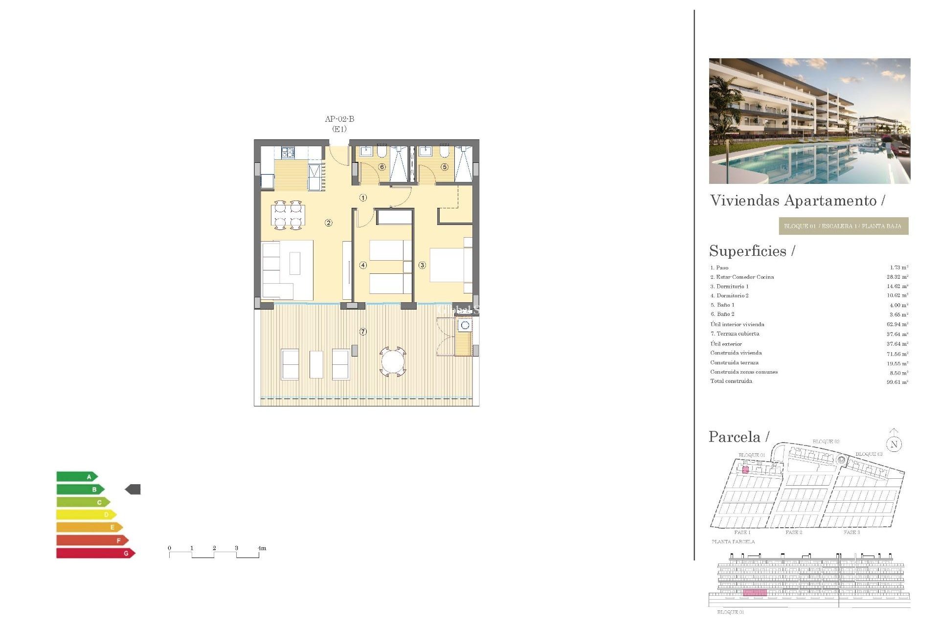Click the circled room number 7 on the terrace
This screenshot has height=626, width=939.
pyautogui.click(x=363, y=332)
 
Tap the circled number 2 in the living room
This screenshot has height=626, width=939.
pyautogui.click(x=329, y=223)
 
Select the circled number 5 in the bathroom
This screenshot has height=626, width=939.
pyautogui.click(x=445, y=167)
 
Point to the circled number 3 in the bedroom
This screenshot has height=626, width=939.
pyautogui.click(x=422, y=265)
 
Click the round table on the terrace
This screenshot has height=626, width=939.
pyautogui.click(x=393, y=362)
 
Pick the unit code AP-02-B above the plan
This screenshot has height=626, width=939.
pyautogui.click(x=339, y=119)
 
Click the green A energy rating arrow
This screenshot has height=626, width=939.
pyautogui.click(x=77, y=476)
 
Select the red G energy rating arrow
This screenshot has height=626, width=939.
pyautogui.click(x=95, y=553)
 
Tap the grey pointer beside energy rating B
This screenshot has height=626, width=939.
pyautogui.click(x=133, y=489)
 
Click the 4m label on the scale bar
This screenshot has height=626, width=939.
pyautogui.click(x=262, y=548)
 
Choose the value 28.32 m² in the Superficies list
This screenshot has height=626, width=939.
pyautogui.click(x=897, y=277)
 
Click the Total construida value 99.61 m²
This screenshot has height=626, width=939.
pyautogui.click(x=897, y=382)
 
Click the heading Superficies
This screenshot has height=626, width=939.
pyautogui.click(x=748, y=251)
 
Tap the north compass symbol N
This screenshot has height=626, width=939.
pyautogui.click(x=894, y=444)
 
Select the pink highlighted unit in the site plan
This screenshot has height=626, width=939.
pyautogui.click(x=745, y=470)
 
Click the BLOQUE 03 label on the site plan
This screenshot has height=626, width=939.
pyautogui.click(x=869, y=454)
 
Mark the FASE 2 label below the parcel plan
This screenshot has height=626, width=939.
pyautogui.click(x=794, y=532)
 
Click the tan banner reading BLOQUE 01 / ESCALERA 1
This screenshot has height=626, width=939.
pyautogui.click(x=843, y=226)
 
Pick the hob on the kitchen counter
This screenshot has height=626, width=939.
pyautogui.click(x=288, y=153)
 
